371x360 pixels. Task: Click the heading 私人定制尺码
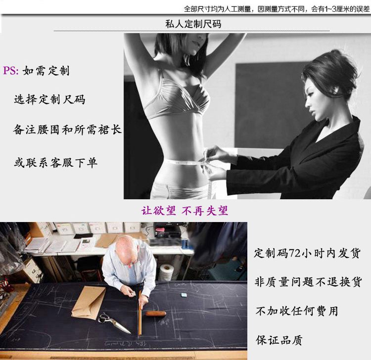(x=193, y=24)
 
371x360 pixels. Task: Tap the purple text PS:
(x=11, y=71)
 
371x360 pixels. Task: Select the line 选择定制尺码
(x=49, y=99)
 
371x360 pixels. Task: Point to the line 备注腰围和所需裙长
(x=67, y=130)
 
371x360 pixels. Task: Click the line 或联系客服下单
(x=55, y=163)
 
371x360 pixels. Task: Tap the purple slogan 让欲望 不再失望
(x=185, y=211)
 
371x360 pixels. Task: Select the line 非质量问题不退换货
(x=308, y=282)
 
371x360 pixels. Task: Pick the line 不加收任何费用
(x=297, y=311)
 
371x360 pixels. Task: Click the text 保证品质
(x=279, y=340)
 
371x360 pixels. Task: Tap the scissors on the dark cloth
(x=114, y=322)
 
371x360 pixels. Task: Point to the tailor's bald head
(x=126, y=249)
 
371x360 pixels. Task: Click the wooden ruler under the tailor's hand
(x=140, y=313)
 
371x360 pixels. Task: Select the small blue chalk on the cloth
(x=184, y=295)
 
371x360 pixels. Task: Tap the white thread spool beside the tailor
(x=167, y=272)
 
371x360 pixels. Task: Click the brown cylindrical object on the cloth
(x=155, y=314)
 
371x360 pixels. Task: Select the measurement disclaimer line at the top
(x=277, y=9)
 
